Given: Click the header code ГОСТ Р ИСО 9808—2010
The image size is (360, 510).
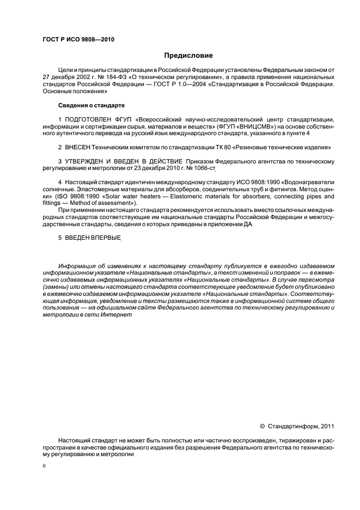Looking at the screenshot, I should click(x=78, y=39).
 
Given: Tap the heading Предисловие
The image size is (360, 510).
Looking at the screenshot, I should click(x=188, y=56).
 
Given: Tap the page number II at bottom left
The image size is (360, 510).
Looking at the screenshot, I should click(x=44, y=466).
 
